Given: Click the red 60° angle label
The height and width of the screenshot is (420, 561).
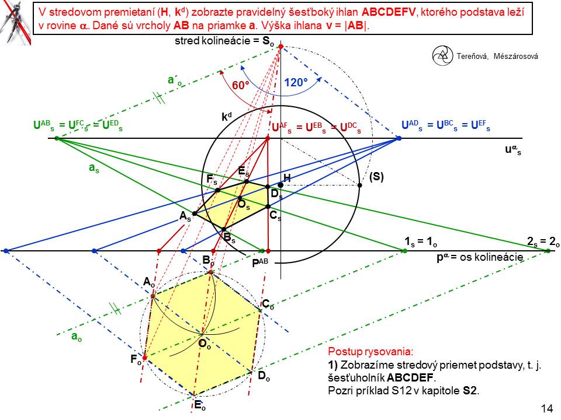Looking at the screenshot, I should coord(240,85).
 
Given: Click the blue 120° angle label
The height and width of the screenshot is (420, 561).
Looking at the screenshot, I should coord(297,83).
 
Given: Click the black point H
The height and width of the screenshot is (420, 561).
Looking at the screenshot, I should coord(280,185).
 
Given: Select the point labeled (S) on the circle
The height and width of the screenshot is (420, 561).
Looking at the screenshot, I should coord(359,185).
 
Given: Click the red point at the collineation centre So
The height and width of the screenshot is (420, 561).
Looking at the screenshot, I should coord(280,46).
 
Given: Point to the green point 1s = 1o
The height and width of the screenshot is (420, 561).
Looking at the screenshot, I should coord(404,251).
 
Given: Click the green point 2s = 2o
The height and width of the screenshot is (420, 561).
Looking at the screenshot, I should coord(548,251).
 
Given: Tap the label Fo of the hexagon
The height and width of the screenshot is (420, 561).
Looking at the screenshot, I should coord(136,360).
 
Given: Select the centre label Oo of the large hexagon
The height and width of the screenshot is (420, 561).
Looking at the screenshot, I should coord(205,344).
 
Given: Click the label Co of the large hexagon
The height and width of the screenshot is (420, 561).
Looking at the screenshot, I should coord(268,304).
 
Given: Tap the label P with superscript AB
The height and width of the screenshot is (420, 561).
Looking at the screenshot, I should coord(260,262).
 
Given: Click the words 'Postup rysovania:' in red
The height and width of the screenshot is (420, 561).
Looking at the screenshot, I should coord(370,352).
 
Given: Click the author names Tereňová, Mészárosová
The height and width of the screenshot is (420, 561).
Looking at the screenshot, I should coord(494,56).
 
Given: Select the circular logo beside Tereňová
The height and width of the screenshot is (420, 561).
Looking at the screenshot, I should coord(442,55).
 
